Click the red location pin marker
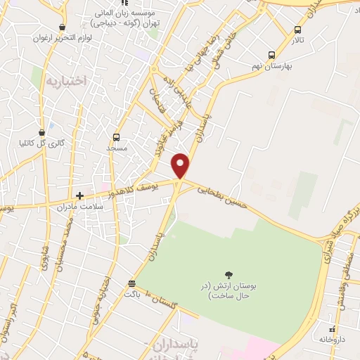point(181,165)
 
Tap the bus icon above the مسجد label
point(116,137)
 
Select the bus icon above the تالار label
point(298,30)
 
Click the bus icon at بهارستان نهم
point(271,55)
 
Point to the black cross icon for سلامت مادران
point(79,195)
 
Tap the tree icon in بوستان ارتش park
point(229,275)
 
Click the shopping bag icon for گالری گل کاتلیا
point(43,131)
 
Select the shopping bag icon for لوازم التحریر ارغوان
point(64,27)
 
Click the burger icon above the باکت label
point(131,284)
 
